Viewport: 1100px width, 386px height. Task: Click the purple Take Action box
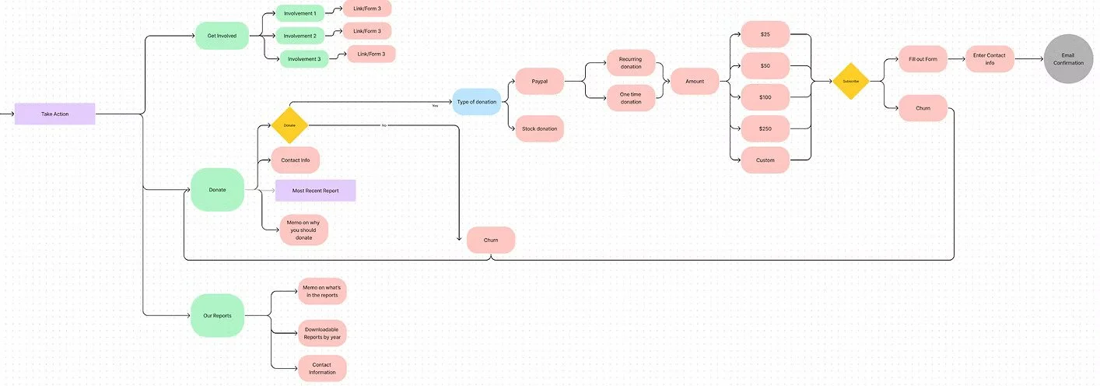pos(54,114)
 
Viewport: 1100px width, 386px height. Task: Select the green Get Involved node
pos(222,36)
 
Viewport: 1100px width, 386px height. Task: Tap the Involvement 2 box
pos(300,36)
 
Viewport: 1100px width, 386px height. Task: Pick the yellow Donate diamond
pos(289,125)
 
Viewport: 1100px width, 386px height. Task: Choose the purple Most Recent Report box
pos(315,191)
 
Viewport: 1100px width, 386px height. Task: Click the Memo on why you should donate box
pos(304,230)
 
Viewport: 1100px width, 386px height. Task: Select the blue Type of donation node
pos(477,102)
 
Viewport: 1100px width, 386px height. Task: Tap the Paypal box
pos(540,81)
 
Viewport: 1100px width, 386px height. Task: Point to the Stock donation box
pos(539,128)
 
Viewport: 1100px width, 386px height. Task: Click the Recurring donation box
pos(631,63)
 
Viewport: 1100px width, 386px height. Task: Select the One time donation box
pos(631,98)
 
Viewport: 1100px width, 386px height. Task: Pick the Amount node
pos(695,81)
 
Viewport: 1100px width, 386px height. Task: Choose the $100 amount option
pos(765,97)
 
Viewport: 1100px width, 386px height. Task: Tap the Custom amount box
pos(765,160)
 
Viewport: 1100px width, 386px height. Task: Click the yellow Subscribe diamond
pos(850,81)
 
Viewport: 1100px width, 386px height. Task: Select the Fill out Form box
pos(923,59)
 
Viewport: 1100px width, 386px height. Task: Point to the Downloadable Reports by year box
pos(322,334)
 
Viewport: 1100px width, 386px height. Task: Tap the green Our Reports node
pos(218,315)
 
